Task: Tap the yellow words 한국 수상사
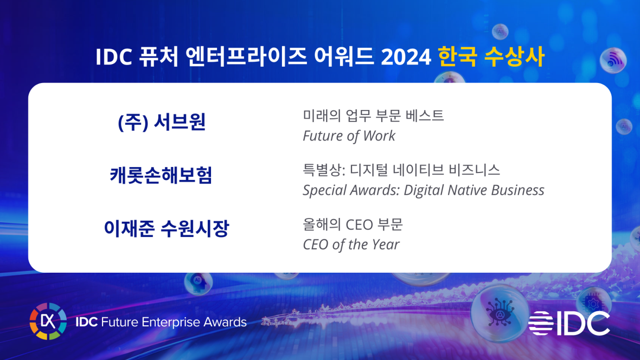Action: pos(490,57)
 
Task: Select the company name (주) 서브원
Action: pos(162,123)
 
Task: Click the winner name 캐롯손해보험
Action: pos(161,176)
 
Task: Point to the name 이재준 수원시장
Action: pos(167,229)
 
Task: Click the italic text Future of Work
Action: pos(349,136)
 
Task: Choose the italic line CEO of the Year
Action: pos(351,245)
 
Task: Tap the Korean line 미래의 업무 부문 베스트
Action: pos(373,115)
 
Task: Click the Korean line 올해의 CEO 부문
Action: pos(353,224)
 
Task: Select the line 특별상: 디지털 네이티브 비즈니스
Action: pos(401,170)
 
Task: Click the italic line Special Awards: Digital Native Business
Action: pos(423,190)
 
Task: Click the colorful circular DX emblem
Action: pos(48,322)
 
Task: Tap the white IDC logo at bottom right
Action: pos(569,323)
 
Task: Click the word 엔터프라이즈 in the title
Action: pos(246,57)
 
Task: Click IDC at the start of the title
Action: pos(114,57)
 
